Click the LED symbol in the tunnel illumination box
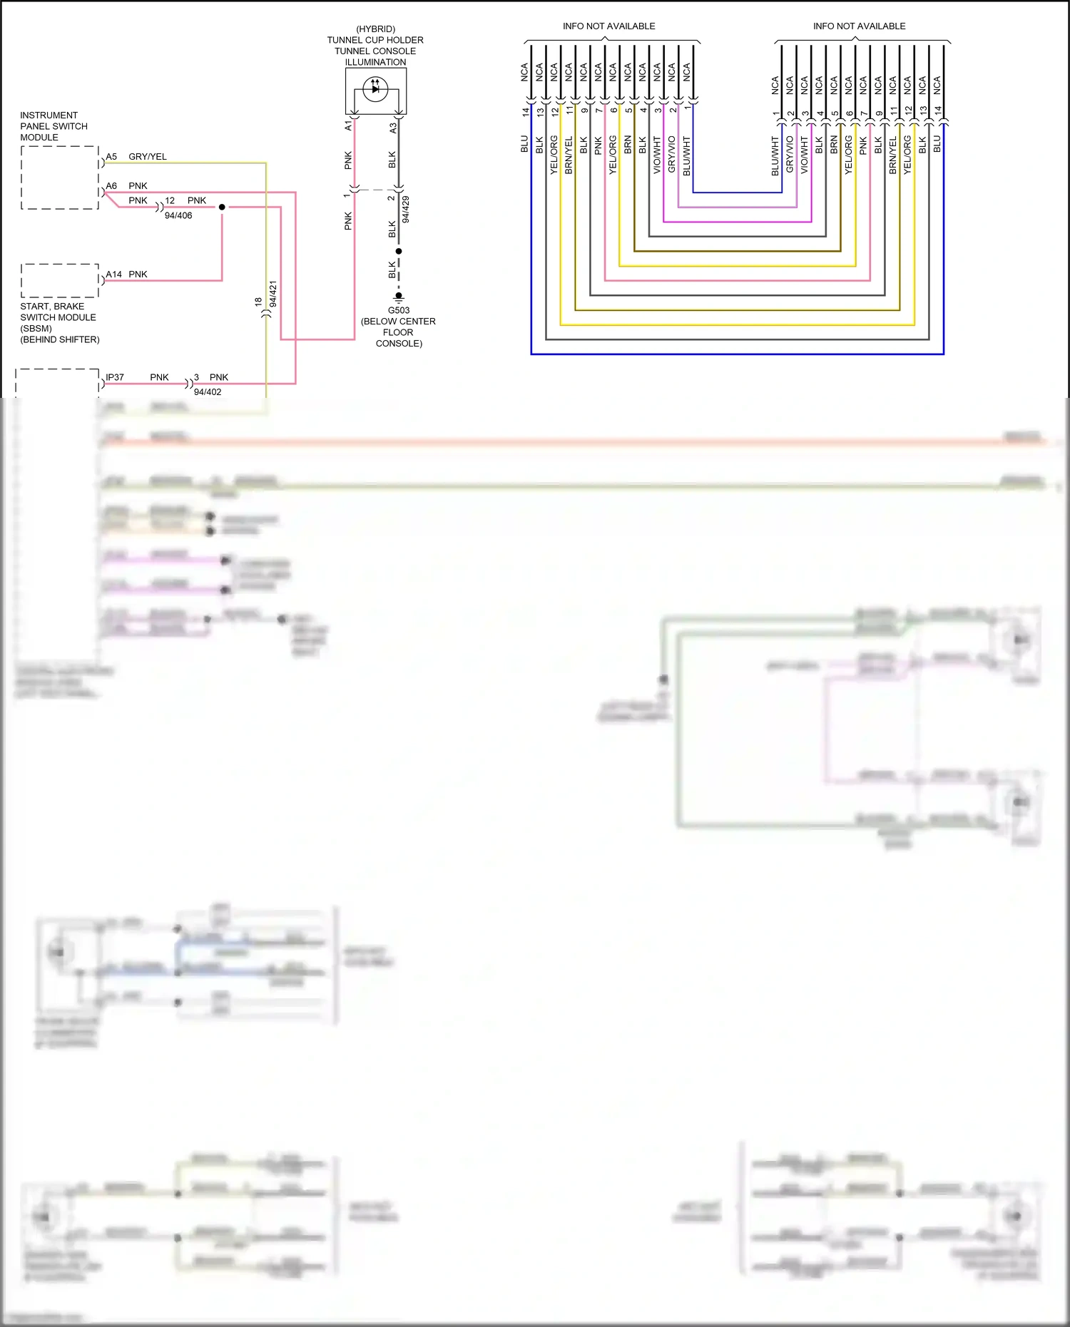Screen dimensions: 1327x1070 click(x=375, y=89)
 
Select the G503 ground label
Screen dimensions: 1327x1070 click(x=399, y=310)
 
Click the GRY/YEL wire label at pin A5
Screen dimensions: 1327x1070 click(x=147, y=156)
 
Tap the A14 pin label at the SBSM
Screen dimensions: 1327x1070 click(x=113, y=274)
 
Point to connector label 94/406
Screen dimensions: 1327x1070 click(x=178, y=215)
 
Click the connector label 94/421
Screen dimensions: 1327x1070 click(x=273, y=294)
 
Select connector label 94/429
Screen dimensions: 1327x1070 click(x=406, y=210)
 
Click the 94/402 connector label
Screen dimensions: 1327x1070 click(x=208, y=391)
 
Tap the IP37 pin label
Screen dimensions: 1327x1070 click(x=114, y=377)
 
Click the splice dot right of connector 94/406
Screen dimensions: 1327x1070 click(x=222, y=207)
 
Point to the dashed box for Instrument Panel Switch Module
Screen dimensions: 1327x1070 click(x=59, y=178)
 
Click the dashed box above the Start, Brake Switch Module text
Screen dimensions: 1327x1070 click(x=59, y=280)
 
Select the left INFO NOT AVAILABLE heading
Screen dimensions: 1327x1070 click(x=608, y=26)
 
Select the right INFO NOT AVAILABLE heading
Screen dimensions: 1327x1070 click(x=859, y=26)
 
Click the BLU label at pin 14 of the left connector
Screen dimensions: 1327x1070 click(x=524, y=144)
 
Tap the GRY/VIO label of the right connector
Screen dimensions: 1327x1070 click(x=790, y=154)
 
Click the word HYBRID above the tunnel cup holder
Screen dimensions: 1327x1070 click(x=375, y=29)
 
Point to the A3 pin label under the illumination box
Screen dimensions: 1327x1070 click(x=392, y=127)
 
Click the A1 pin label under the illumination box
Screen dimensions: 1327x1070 click(x=348, y=125)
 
